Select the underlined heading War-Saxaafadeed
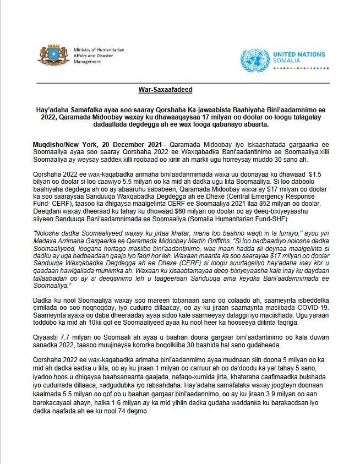point(165,89)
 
